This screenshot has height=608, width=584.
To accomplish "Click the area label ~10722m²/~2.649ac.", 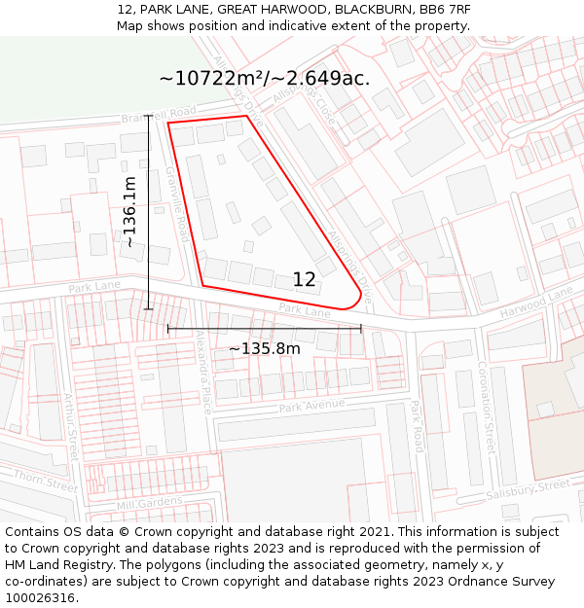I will pos(264,79).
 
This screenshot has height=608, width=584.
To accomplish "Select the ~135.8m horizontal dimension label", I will pos(264,348).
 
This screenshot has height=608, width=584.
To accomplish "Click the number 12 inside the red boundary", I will pos(304,280).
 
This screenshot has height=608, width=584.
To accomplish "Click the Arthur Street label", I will pos(70,427).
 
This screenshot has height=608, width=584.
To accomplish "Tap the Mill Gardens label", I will pos(149,503).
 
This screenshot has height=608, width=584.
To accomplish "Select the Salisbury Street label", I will pos(528,489).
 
